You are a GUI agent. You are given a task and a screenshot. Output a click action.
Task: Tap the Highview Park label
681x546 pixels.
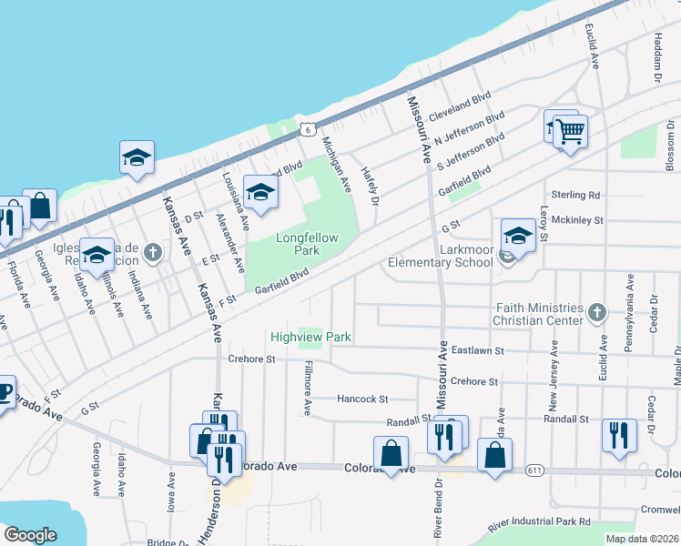click(x=310, y=337)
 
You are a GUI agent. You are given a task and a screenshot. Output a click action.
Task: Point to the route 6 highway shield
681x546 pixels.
click(x=310, y=130)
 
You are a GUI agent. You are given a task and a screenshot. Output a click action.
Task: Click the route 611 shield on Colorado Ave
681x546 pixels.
click(x=534, y=470)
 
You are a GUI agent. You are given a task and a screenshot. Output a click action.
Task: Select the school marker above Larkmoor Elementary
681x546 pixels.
click(x=518, y=235)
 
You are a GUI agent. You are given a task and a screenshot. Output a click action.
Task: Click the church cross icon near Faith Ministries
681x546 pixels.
click(x=596, y=313)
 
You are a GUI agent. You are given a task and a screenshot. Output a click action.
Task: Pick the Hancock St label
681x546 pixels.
click(x=362, y=399)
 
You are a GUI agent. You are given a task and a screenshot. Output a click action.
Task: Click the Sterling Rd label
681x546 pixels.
click(x=576, y=195)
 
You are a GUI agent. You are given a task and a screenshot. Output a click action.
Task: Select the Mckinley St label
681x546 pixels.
click(x=577, y=219)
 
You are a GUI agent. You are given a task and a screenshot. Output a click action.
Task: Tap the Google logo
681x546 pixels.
click(x=30, y=535)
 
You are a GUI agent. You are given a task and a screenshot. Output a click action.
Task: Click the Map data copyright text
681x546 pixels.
click(x=643, y=539)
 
